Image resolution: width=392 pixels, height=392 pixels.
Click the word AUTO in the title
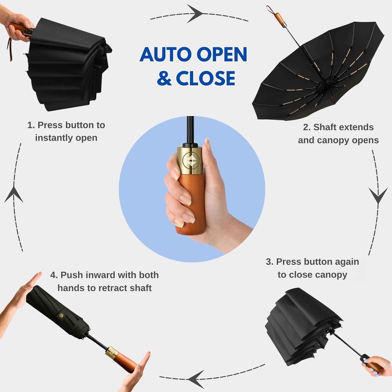[x=166, y=54]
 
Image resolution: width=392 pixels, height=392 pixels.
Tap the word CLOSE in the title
[x=205, y=78]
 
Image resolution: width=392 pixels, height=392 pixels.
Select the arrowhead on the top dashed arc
[x=195, y=13]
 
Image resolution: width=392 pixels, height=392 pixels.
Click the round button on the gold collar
[x=190, y=160]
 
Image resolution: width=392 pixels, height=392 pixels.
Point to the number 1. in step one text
[x=31, y=125]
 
